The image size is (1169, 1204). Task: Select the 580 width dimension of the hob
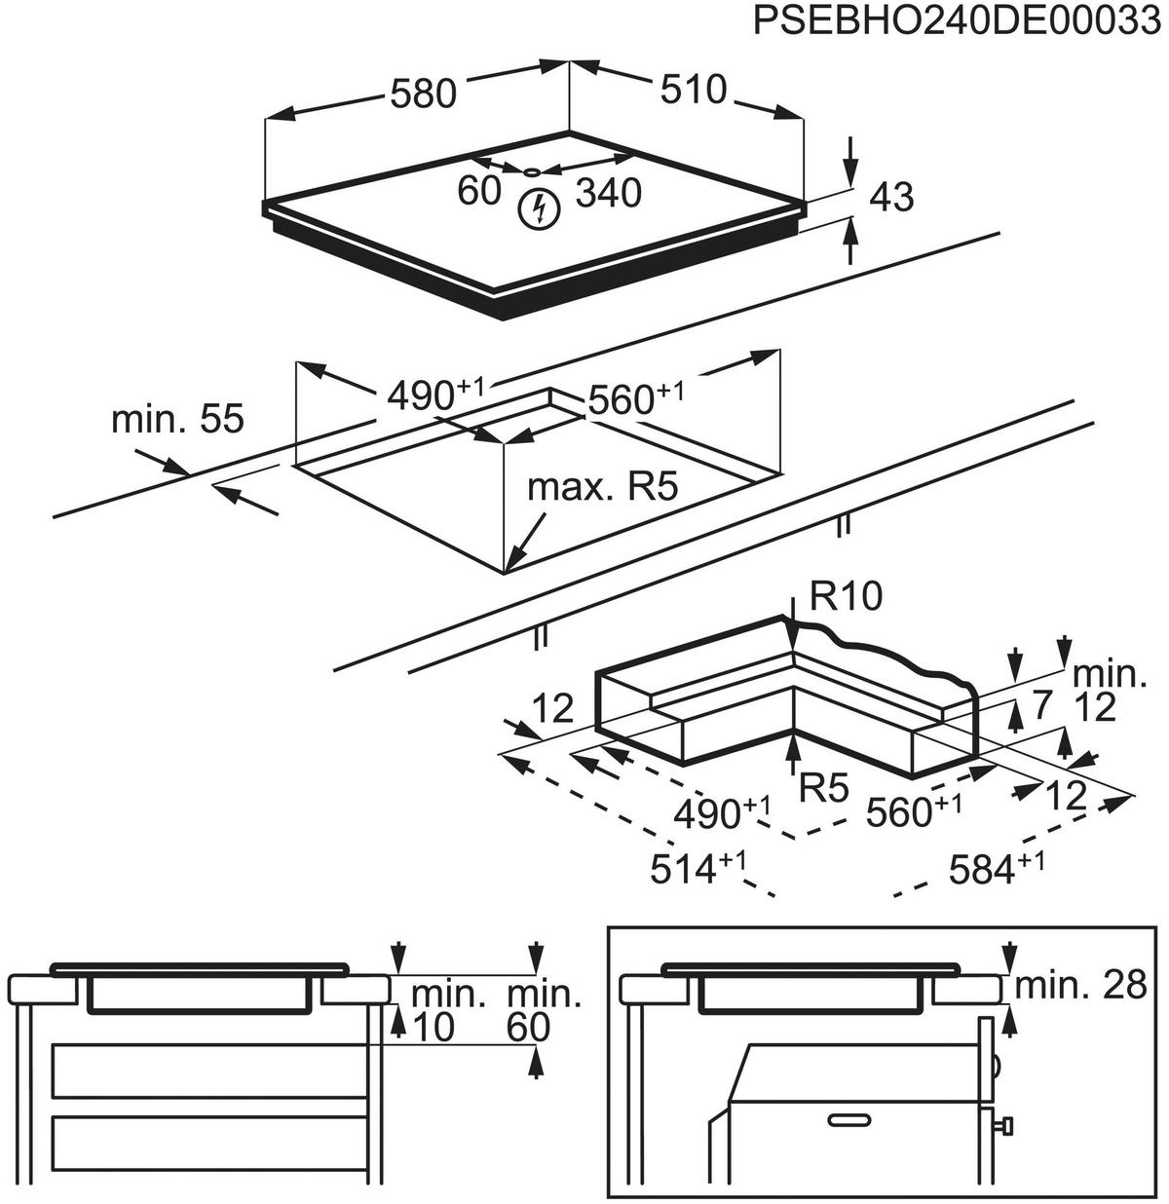(422, 94)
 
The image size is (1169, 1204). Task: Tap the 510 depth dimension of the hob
(694, 90)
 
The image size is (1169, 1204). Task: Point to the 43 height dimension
(891, 198)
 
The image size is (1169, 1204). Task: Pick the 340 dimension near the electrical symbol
(609, 194)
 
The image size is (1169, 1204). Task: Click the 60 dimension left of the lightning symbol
(479, 192)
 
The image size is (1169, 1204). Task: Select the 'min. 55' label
(178, 420)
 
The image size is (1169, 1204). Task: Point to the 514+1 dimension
(698, 868)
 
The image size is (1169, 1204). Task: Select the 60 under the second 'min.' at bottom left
(529, 1028)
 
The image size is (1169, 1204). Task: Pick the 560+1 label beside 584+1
(912, 810)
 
